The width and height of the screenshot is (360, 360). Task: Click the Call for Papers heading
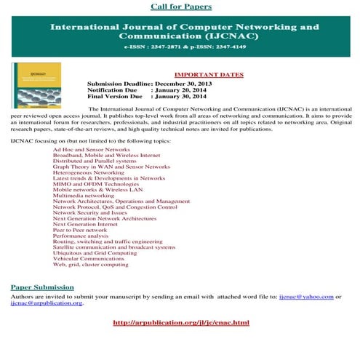tap(181, 7)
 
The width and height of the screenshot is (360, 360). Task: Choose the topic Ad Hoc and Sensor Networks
tap(92, 148)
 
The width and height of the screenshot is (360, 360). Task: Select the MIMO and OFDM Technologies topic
tap(95, 183)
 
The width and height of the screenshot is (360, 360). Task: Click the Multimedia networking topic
tap(84, 195)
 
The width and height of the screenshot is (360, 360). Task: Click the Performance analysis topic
tap(81, 236)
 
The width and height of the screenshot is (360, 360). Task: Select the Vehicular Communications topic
tap(89, 259)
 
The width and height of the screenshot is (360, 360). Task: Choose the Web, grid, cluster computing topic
tap(91, 265)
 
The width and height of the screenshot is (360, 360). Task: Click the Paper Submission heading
tap(42, 287)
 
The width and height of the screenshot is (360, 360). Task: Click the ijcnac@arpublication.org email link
tap(46, 303)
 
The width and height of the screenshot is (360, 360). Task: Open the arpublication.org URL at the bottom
tap(182, 322)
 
